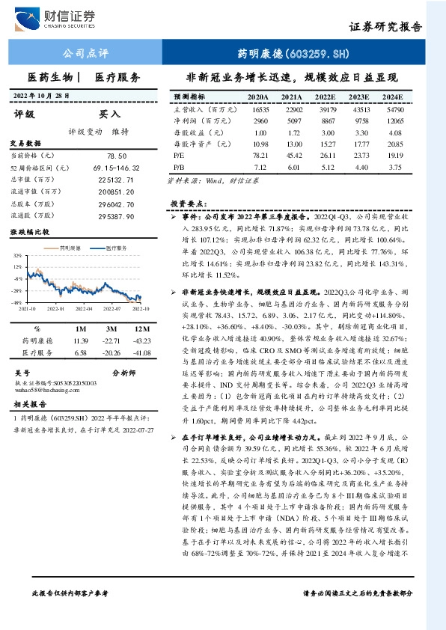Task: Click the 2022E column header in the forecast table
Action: point(324,97)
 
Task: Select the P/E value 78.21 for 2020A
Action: point(260,153)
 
